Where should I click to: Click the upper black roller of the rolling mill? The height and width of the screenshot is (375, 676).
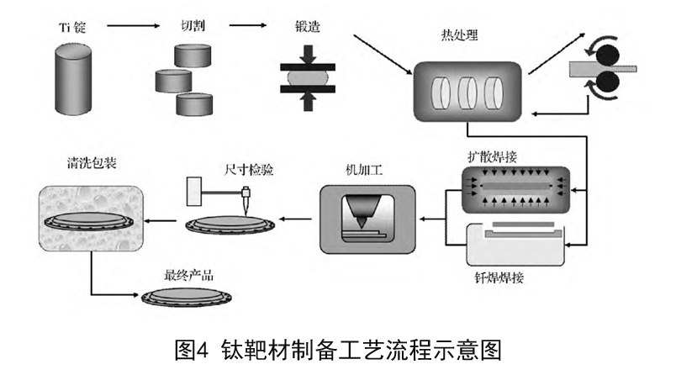[604, 51]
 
